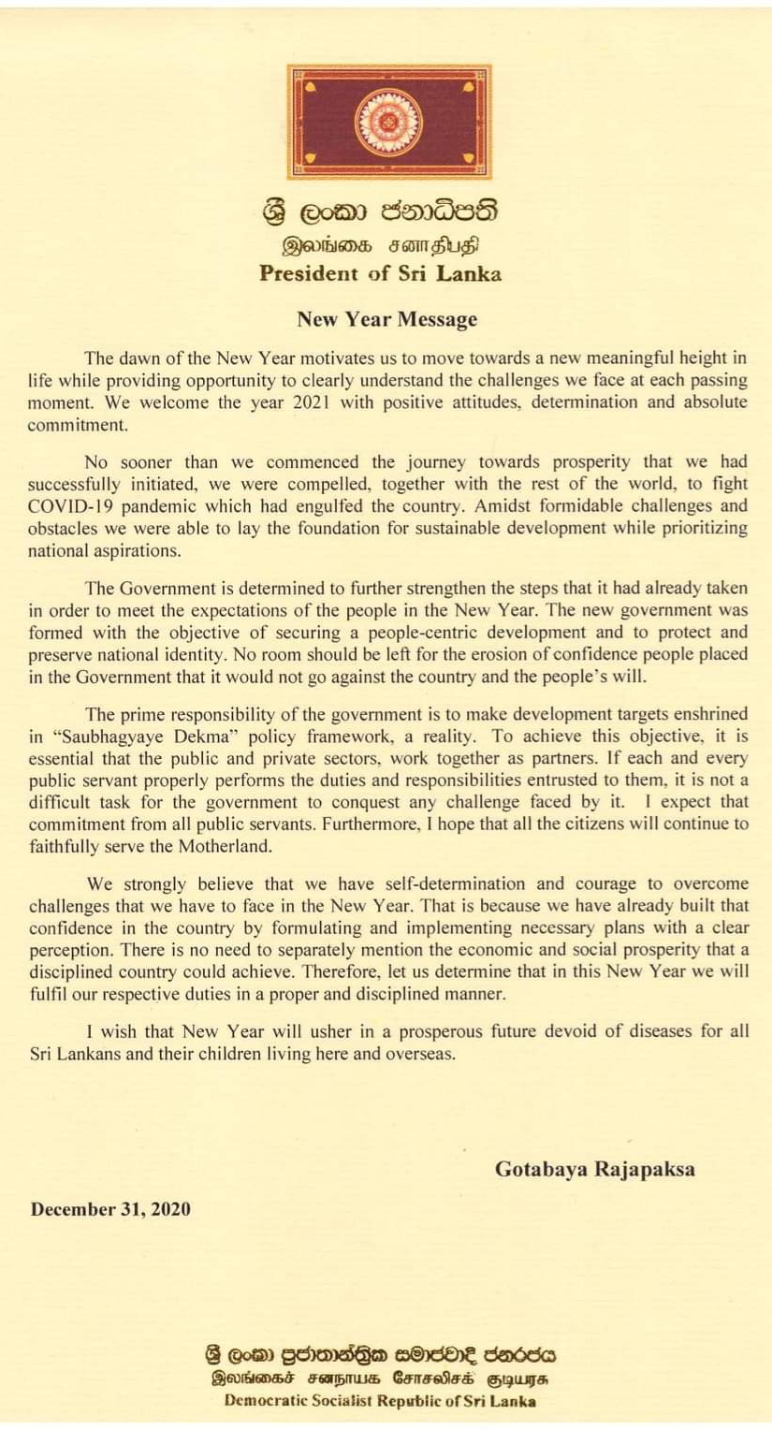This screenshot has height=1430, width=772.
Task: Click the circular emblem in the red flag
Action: pos(388,122)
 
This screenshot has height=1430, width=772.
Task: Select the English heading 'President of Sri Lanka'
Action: pos(380,274)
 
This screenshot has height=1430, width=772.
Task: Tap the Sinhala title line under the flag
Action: pos(380,212)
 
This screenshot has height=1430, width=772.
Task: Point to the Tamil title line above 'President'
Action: pos(380,246)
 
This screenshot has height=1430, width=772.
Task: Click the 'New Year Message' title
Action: pos(387,319)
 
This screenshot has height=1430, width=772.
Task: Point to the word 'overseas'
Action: pos(418,1053)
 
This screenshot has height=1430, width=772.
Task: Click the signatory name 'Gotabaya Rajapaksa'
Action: pos(594,1169)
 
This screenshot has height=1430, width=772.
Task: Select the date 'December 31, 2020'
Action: pos(110,1209)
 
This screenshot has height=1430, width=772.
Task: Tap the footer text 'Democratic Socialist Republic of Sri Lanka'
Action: pos(380,1401)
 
